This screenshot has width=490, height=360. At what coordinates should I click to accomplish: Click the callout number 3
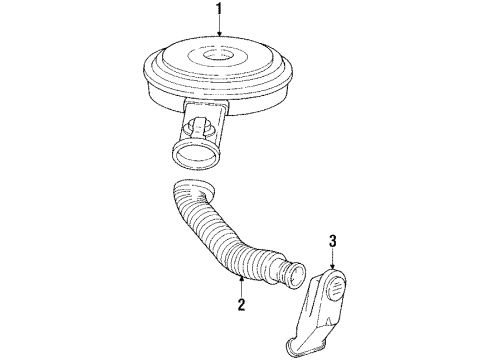pos(334,240)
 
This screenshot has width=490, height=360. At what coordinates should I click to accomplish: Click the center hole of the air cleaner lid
pos(220,56)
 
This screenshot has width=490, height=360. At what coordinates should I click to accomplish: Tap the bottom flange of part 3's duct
pos(305,345)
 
